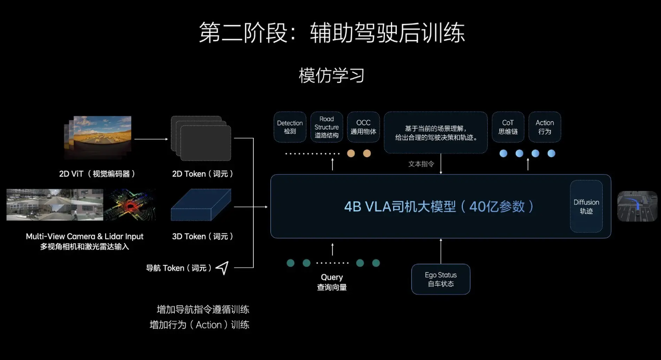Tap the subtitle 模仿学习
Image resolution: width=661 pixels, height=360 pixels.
[331, 75]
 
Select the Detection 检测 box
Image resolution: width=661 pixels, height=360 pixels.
[290, 127]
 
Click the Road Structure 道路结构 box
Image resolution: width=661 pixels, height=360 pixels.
[327, 127]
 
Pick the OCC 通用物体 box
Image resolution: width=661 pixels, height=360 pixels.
[364, 127]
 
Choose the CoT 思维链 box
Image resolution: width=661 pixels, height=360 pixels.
[508, 127]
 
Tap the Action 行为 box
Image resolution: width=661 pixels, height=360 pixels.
[545, 127]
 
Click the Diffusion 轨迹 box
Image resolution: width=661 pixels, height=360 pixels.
[586, 207]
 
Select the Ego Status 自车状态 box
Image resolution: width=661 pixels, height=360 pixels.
[440, 279]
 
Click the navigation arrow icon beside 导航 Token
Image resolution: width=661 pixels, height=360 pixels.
[222, 268]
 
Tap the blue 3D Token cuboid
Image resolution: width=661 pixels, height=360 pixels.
[201, 207]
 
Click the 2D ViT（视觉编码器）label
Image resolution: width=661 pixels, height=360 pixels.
[97, 174]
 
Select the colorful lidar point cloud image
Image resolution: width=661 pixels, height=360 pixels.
[129, 204]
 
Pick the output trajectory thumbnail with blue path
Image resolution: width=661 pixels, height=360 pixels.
[637, 207]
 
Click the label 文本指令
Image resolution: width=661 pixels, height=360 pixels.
[421, 164]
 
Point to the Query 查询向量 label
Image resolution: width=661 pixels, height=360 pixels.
[332, 282]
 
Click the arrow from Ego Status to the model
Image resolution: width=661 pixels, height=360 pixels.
[440, 251]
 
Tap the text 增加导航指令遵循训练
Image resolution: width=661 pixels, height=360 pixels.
[203, 310]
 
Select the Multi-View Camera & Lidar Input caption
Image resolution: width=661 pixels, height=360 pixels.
[85, 241]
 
